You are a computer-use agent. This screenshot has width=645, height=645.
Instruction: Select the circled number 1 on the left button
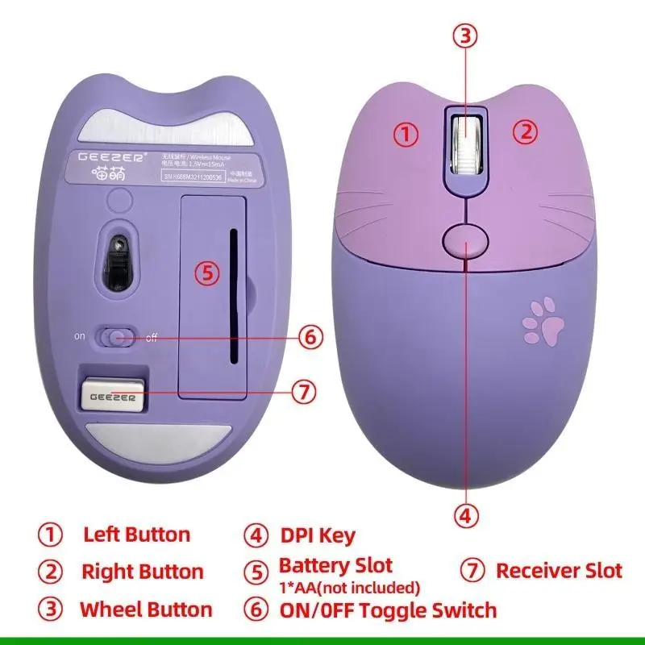pos(407,133)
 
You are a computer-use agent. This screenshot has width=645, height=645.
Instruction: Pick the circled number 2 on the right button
pos(526,131)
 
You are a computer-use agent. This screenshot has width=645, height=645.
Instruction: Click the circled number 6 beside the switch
pos(312,336)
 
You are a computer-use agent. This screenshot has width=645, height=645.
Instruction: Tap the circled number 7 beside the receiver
pos(302,393)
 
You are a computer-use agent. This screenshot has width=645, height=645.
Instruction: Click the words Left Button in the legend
pos(136,535)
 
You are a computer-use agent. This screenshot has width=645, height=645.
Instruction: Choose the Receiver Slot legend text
pos(559,571)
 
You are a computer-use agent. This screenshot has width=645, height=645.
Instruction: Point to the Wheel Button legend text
pos(145,610)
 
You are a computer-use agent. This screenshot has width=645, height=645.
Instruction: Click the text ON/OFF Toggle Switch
pos(387,610)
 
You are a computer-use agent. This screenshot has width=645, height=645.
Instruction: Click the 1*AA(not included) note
pos(349,587)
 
